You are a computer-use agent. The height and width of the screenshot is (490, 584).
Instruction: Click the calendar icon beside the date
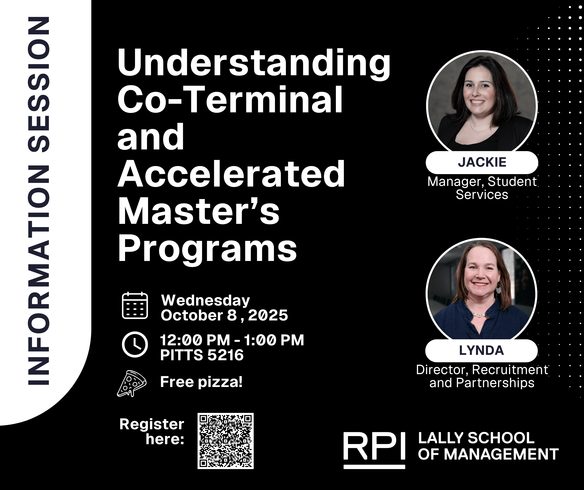coord(135,305)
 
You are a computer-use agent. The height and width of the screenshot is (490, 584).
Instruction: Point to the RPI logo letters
coord(374,446)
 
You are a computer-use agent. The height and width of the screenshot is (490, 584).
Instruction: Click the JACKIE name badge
coord(482,162)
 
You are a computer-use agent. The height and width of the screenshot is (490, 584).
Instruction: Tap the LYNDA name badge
coord(481,351)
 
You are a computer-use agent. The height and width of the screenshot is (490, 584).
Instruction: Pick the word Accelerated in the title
coord(231,174)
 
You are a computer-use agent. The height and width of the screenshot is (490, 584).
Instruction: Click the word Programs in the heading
coord(208,249)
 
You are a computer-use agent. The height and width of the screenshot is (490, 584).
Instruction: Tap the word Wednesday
coord(205,300)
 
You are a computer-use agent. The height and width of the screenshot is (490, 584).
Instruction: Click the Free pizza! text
coord(201,382)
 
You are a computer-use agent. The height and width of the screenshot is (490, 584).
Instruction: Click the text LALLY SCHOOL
coord(476,438)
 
